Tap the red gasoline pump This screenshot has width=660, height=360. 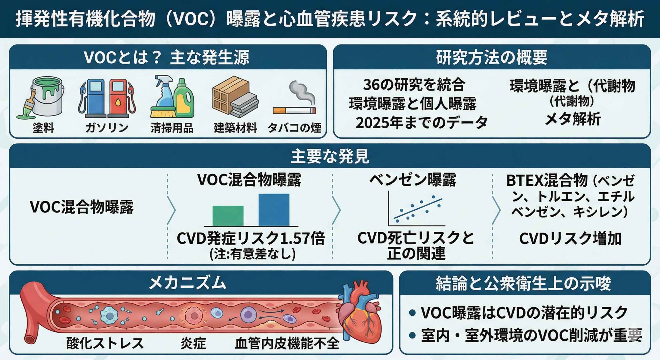(x=119, y=98)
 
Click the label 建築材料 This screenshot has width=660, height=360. (x=235, y=128)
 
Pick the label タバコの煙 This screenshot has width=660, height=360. (x=294, y=128)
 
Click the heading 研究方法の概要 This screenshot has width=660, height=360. (x=492, y=57)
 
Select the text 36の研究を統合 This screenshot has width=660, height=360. (x=414, y=85)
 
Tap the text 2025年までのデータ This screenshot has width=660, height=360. (x=422, y=122)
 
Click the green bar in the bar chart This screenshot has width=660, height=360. (x=228, y=216)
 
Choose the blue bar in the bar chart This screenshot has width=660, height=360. (x=274, y=210)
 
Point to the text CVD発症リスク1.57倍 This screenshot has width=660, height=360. (x=251, y=238)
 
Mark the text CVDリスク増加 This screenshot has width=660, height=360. (x=570, y=239)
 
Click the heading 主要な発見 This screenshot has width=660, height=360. (x=330, y=156)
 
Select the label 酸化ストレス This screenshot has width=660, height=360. (x=105, y=343)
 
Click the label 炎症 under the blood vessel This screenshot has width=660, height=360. (x=193, y=343)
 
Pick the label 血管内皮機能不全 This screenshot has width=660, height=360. (x=287, y=343)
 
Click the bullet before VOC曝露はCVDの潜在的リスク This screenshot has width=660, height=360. (x=412, y=313)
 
